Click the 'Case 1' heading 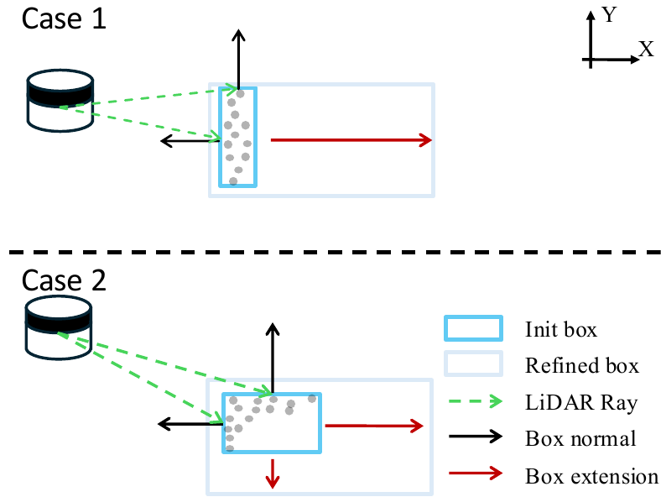[x=64, y=18]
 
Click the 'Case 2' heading [x=64, y=280]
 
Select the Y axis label [x=611, y=15]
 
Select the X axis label [x=646, y=50]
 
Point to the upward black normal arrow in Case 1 [x=239, y=59]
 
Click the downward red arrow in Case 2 [x=272, y=471]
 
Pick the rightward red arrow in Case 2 [x=374, y=426]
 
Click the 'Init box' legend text [x=560, y=330]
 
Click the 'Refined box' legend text [x=581, y=366]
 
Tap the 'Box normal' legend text [x=580, y=438]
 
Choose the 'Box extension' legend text [x=591, y=477]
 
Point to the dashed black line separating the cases [x=330, y=251]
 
